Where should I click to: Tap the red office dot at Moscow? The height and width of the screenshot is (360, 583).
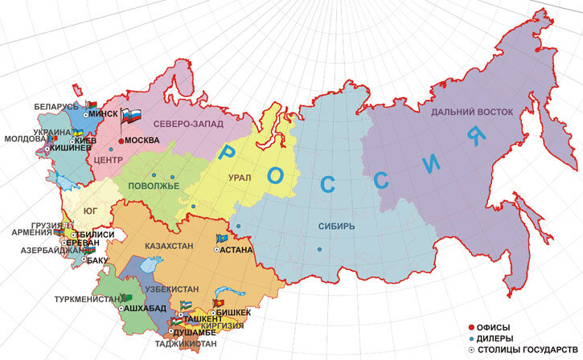pos(121,141)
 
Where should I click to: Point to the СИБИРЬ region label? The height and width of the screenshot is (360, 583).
pos(336,227)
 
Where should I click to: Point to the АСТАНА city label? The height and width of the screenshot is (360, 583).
pos(237,251)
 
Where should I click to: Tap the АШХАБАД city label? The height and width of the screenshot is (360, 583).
pos(147,309)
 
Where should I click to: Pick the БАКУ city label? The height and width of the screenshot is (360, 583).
pos(96,260)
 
